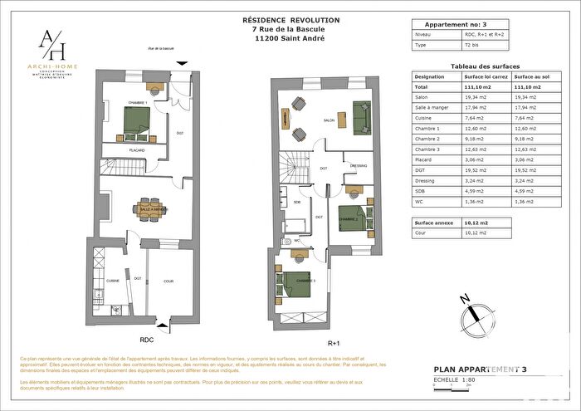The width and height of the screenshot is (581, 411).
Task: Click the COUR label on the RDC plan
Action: click(x=168, y=281)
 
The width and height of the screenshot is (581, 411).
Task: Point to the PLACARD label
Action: click(x=137, y=150)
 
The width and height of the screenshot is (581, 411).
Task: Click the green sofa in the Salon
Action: click(x=362, y=116)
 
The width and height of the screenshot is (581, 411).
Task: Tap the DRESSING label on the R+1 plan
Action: click(x=359, y=164)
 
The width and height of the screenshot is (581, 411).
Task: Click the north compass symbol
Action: click(x=471, y=313)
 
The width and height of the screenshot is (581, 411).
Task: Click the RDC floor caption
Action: click(x=146, y=340)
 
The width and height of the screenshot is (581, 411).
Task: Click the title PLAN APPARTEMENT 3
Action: click(x=481, y=369)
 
